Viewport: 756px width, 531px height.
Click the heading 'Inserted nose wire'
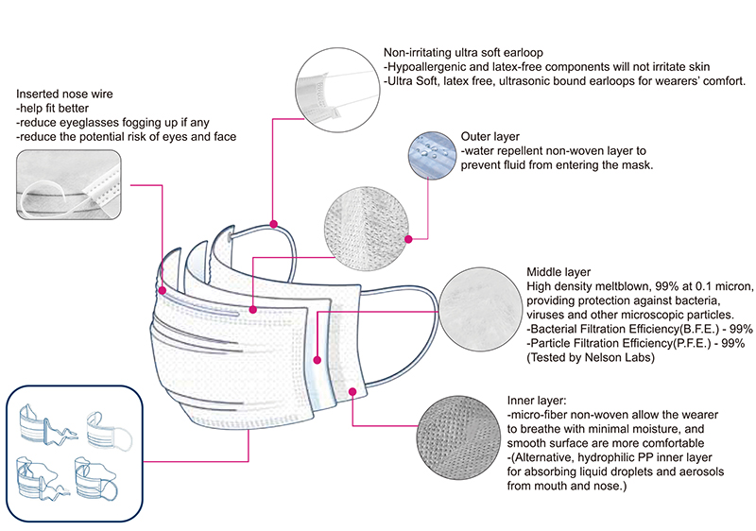point(62,94)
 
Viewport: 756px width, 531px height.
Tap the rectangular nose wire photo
point(69,183)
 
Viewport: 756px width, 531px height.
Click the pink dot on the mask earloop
point(273,224)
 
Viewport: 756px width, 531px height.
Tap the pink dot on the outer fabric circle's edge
point(408,238)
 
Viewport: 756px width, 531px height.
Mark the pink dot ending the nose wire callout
point(163,291)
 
